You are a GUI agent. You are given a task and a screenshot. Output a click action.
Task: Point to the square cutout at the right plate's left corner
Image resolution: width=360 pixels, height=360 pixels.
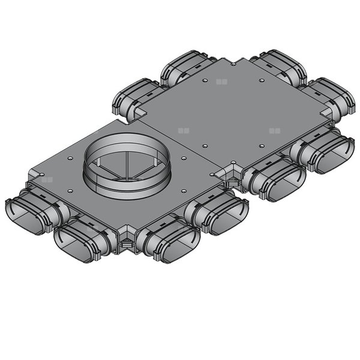138,112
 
